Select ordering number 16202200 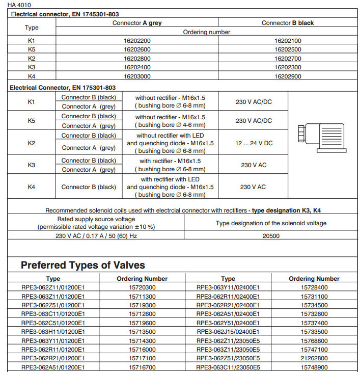(x=137, y=40)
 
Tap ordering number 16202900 (x=288, y=76)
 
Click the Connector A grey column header (x=137, y=23)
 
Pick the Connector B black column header (x=288, y=23)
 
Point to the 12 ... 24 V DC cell (x=254, y=144)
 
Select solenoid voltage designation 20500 (x=270, y=236)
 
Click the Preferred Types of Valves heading (x=82, y=265)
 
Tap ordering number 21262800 (x=314, y=358)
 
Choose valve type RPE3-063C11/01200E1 (x=53, y=314)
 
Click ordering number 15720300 (x=142, y=287)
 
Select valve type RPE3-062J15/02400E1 (x=228, y=331)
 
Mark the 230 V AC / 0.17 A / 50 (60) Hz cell (x=96, y=236)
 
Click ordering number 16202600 (x=137, y=49)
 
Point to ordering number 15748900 (x=314, y=367)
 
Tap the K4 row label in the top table (x=32, y=76)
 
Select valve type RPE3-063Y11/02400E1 (x=228, y=287)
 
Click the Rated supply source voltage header (x=96, y=223)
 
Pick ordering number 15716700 (x=142, y=367)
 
